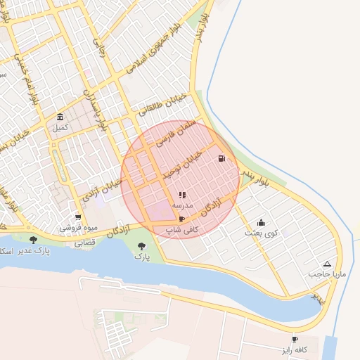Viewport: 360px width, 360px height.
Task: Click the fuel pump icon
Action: [x=222, y=158]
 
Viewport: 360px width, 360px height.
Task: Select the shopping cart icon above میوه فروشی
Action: [x=78, y=217]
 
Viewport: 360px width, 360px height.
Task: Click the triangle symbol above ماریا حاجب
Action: [x=326, y=263]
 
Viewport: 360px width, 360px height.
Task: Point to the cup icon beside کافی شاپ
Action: [x=182, y=219]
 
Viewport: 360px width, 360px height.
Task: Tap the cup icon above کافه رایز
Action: [x=295, y=339]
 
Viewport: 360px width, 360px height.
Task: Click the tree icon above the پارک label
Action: [x=142, y=246]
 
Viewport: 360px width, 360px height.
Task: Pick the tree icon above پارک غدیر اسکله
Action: [x=33, y=240]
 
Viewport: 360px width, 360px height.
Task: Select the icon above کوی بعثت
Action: [x=261, y=222]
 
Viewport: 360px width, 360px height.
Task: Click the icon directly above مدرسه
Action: [x=182, y=195]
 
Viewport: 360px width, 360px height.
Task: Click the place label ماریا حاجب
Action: [x=326, y=274]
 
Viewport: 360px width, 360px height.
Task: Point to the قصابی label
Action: [x=84, y=241]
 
